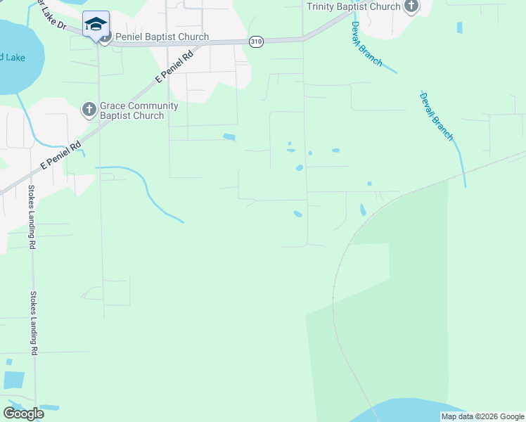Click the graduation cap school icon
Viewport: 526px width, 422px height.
(96, 24)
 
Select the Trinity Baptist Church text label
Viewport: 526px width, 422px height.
(354, 6)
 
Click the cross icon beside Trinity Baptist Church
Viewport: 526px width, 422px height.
(411, 7)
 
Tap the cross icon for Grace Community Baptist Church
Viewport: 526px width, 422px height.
(89, 110)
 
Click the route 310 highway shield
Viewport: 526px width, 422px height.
(257, 42)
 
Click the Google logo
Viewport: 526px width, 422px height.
(23, 414)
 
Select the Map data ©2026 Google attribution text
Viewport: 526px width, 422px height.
(483, 416)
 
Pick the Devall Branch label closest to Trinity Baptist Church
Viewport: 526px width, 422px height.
(367, 44)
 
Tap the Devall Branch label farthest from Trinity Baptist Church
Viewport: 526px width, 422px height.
(437, 115)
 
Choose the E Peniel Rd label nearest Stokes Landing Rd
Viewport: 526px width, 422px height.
(60, 155)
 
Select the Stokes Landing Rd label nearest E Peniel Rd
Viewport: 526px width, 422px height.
(32, 217)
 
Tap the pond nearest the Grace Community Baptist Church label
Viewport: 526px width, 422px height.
(229, 136)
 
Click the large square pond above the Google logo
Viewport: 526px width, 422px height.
(13, 380)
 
